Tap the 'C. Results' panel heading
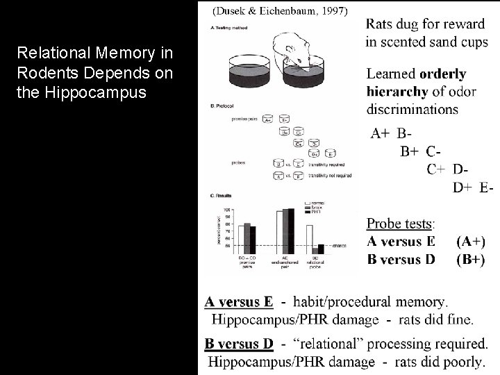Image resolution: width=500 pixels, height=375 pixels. [220, 196]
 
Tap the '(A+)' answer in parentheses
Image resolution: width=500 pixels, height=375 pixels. [471, 242]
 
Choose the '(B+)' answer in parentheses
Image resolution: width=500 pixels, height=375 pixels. [471, 260]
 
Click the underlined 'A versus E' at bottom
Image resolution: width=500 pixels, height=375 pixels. [238, 302]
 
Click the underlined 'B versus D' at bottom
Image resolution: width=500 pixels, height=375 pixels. [238, 344]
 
